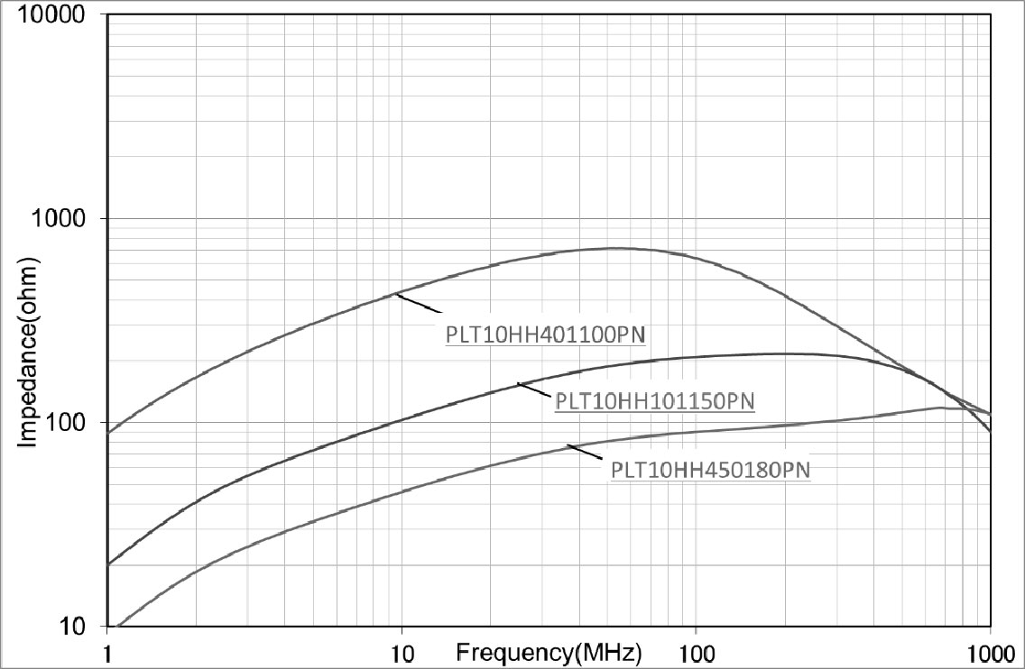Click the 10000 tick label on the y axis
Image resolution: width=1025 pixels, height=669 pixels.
[x=55, y=16]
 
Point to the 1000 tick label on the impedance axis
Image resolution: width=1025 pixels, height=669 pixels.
[x=61, y=219]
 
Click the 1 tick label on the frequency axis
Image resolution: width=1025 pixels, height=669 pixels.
[x=107, y=650]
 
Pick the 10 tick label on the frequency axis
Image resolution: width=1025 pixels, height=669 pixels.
[x=402, y=650]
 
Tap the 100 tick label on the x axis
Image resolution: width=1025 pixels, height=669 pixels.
[x=696, y=650]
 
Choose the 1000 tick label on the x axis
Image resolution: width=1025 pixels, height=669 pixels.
[x=990, y=650]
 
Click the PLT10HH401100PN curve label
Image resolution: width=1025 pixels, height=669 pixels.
[x=548, y=335]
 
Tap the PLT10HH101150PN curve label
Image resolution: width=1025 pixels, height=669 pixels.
[x=654, y=401]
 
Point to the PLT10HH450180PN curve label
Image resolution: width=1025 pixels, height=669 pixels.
[x=710, y=470]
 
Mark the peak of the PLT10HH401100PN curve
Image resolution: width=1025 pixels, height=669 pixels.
[x=614, y=248]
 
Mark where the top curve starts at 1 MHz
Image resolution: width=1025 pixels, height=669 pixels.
[x=108, y=433]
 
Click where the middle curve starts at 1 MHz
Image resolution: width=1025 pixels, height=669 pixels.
[x=108, y=564]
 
